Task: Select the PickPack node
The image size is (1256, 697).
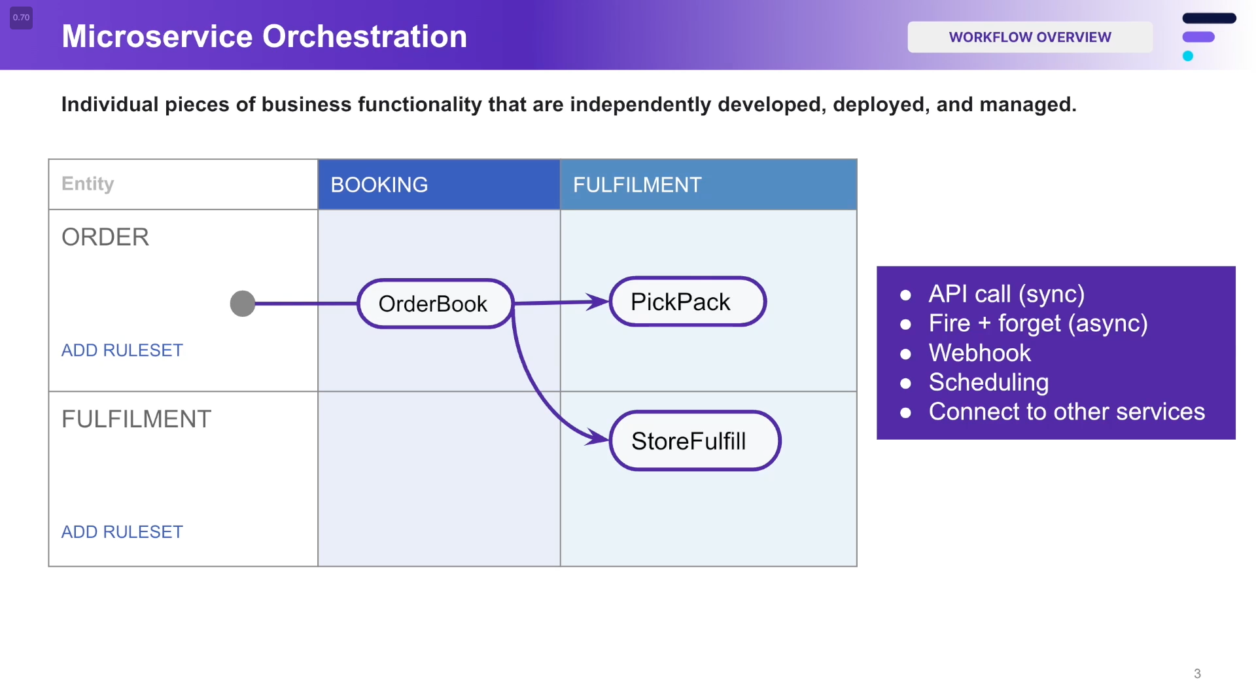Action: (687, 302)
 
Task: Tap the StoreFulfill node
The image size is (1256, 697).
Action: (695, 440)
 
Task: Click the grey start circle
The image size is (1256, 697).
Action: (243, 304)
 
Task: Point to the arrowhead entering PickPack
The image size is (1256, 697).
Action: (599, 302)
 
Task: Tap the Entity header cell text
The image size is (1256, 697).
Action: (88, 184)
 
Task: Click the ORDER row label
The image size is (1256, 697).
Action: (105, 237)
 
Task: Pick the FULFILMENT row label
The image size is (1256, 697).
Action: (136, 419)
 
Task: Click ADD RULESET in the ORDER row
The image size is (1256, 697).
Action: (122, 350)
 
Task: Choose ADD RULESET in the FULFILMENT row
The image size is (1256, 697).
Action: (122, 532)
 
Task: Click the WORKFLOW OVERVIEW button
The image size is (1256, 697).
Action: (1030, 37)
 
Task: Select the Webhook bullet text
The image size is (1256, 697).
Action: (979, 353)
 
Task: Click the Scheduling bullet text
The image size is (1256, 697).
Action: (988, 382)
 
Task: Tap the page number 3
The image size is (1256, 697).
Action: (1197, 673)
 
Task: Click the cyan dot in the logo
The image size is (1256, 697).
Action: (1188, 56)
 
